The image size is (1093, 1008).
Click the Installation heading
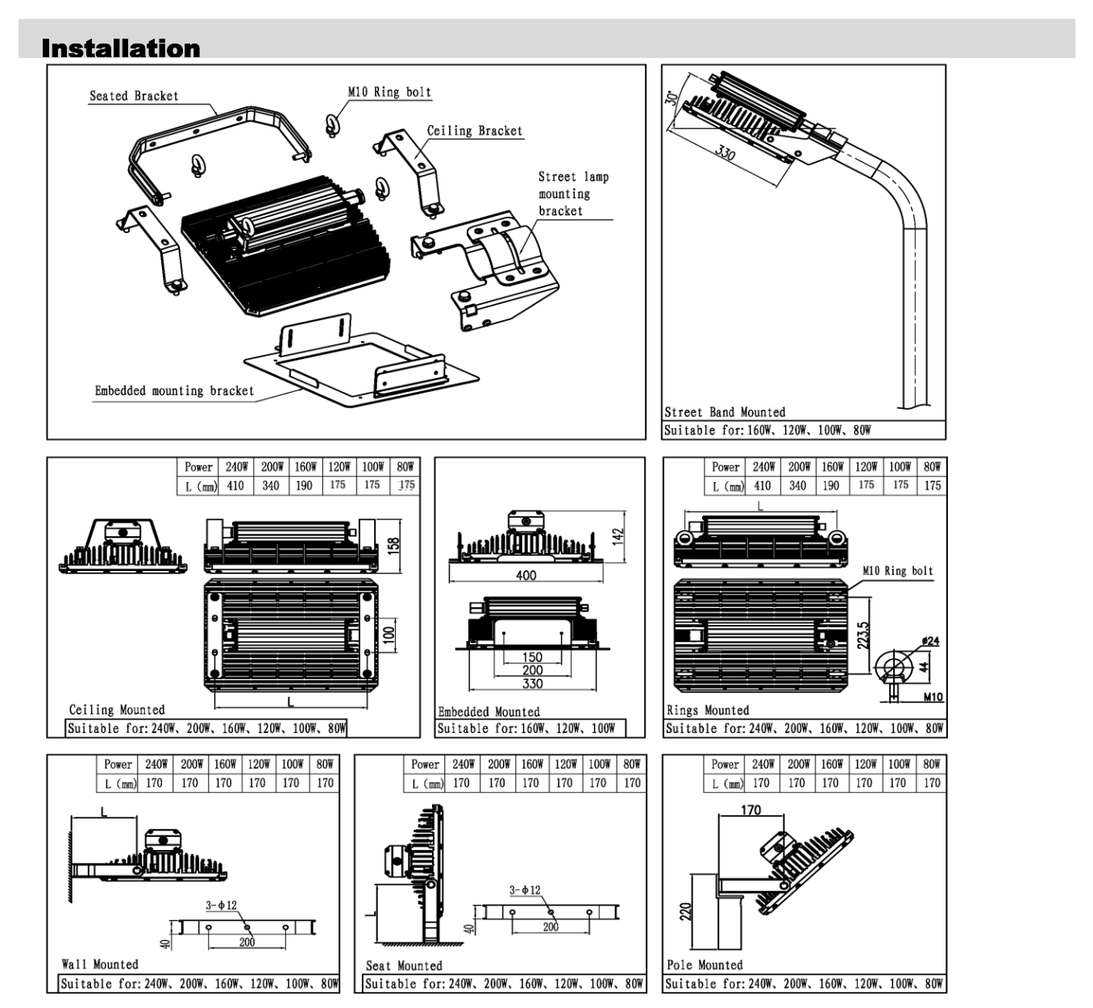121,48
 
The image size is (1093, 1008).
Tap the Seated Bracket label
134,96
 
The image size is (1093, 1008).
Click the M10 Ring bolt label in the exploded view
389,92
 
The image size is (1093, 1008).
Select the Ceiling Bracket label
474,131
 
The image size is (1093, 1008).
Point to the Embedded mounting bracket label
174,391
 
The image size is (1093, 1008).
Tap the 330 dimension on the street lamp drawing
726,150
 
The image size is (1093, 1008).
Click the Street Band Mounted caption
725,412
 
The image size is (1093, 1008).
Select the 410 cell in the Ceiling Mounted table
235,485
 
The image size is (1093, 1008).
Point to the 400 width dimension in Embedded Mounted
526,575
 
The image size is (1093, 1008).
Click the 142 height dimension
618,535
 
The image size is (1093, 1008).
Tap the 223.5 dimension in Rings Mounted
863,635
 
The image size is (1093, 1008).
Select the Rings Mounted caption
708,710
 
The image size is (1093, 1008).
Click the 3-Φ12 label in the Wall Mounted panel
221,905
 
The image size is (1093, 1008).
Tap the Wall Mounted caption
100,964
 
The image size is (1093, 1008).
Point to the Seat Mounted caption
404,965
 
